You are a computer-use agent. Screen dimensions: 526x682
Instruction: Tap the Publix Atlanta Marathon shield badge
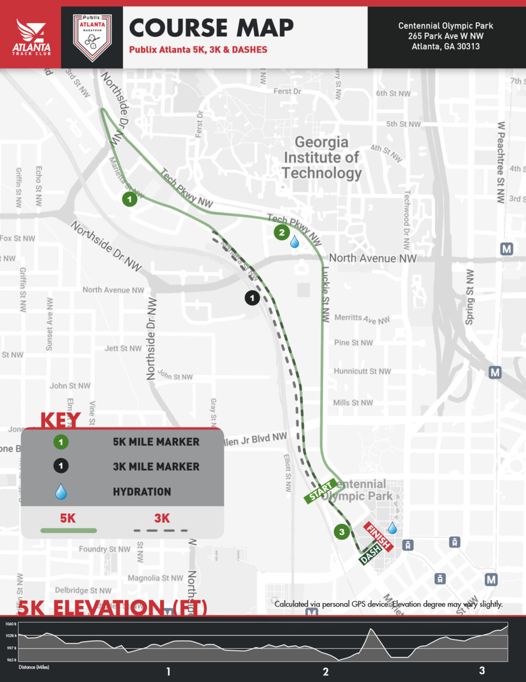click(x=92, y=37)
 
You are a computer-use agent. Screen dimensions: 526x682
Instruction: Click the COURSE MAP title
click(x=211, y=28)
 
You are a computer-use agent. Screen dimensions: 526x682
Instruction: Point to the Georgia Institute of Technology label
click(x=321, y=157)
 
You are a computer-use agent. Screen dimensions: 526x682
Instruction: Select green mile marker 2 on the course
click(x=282, y=232)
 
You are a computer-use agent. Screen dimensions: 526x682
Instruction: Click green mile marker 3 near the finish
click(x=341, y=532)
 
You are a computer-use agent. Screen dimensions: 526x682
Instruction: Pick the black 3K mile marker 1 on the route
click(x=252, y=298)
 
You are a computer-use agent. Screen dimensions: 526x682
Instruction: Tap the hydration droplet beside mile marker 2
click(x=295, y=241)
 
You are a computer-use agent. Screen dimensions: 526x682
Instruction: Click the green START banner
click(x=320, y=491)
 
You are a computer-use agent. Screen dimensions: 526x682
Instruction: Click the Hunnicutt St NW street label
click(x=362, y=371)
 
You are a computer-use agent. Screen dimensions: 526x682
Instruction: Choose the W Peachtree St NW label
click(x=501, y=162)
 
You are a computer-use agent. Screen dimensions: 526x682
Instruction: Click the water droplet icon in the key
click(x=61, y=492)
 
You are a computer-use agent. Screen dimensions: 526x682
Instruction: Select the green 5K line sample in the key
click(x=68, y=530)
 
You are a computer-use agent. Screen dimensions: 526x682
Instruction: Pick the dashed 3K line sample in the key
click(x=161, y=530)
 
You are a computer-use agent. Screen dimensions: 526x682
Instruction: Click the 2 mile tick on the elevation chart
click(x=326, y=671)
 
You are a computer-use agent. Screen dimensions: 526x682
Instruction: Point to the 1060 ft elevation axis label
click(x=11, y=623)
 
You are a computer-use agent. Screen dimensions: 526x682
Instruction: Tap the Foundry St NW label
click(x=105, y=549)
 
